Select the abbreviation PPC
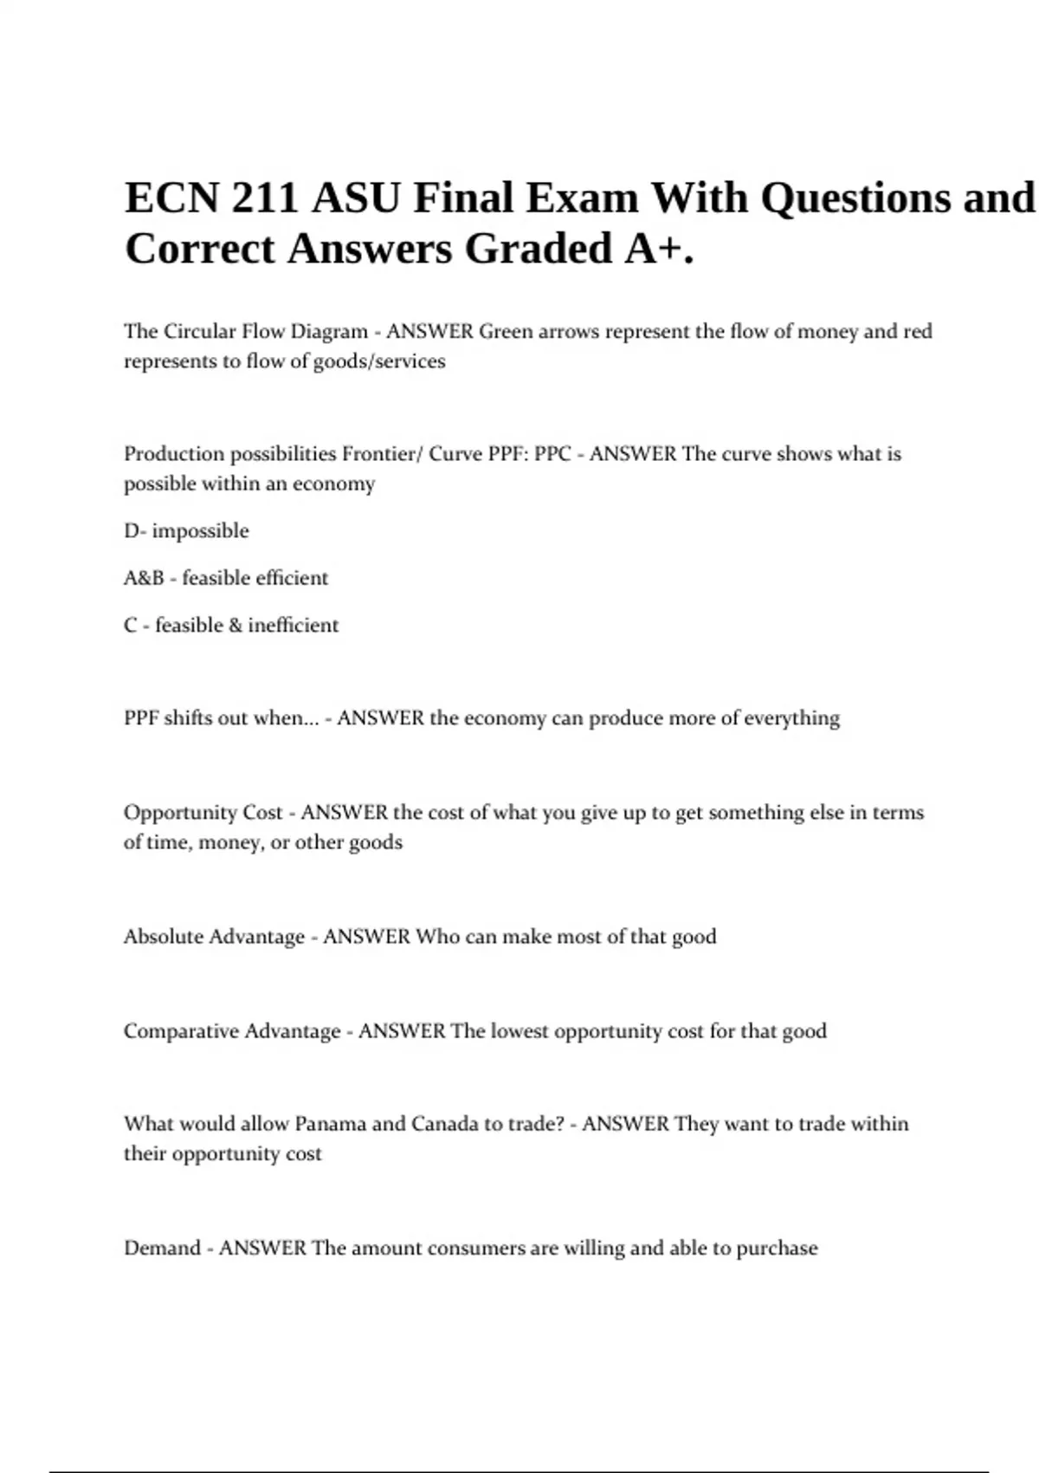(x=552, y=454)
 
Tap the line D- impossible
(x=186, y=531)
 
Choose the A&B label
(x=144, y=578)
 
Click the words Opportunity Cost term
(x=203, y=813)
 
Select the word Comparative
(x=184, y=1031)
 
